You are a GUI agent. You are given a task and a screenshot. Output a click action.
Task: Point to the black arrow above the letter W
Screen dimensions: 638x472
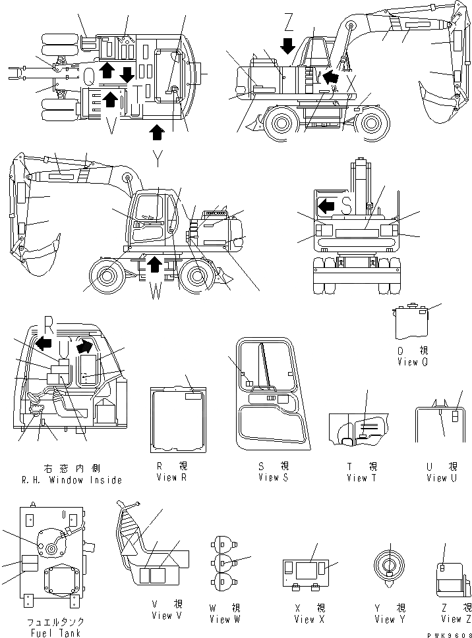pyautogui.click(x=154, y=266)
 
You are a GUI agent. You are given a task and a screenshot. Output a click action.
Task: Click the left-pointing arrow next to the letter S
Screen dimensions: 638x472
pyautogui.click(x=326, y=207)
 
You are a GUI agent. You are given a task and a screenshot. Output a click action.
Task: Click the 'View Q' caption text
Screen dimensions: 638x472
pyautogui.click(x=413, y=362)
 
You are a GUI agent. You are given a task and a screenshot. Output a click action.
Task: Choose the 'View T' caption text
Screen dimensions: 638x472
pyautogui.click(x=362, y=477)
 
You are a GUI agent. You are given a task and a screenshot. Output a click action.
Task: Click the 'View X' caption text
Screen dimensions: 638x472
pyautogui.click(x=305, y=619)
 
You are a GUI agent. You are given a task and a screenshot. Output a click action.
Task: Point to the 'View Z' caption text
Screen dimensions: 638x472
pyautogui.click(x=452, y=618)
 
